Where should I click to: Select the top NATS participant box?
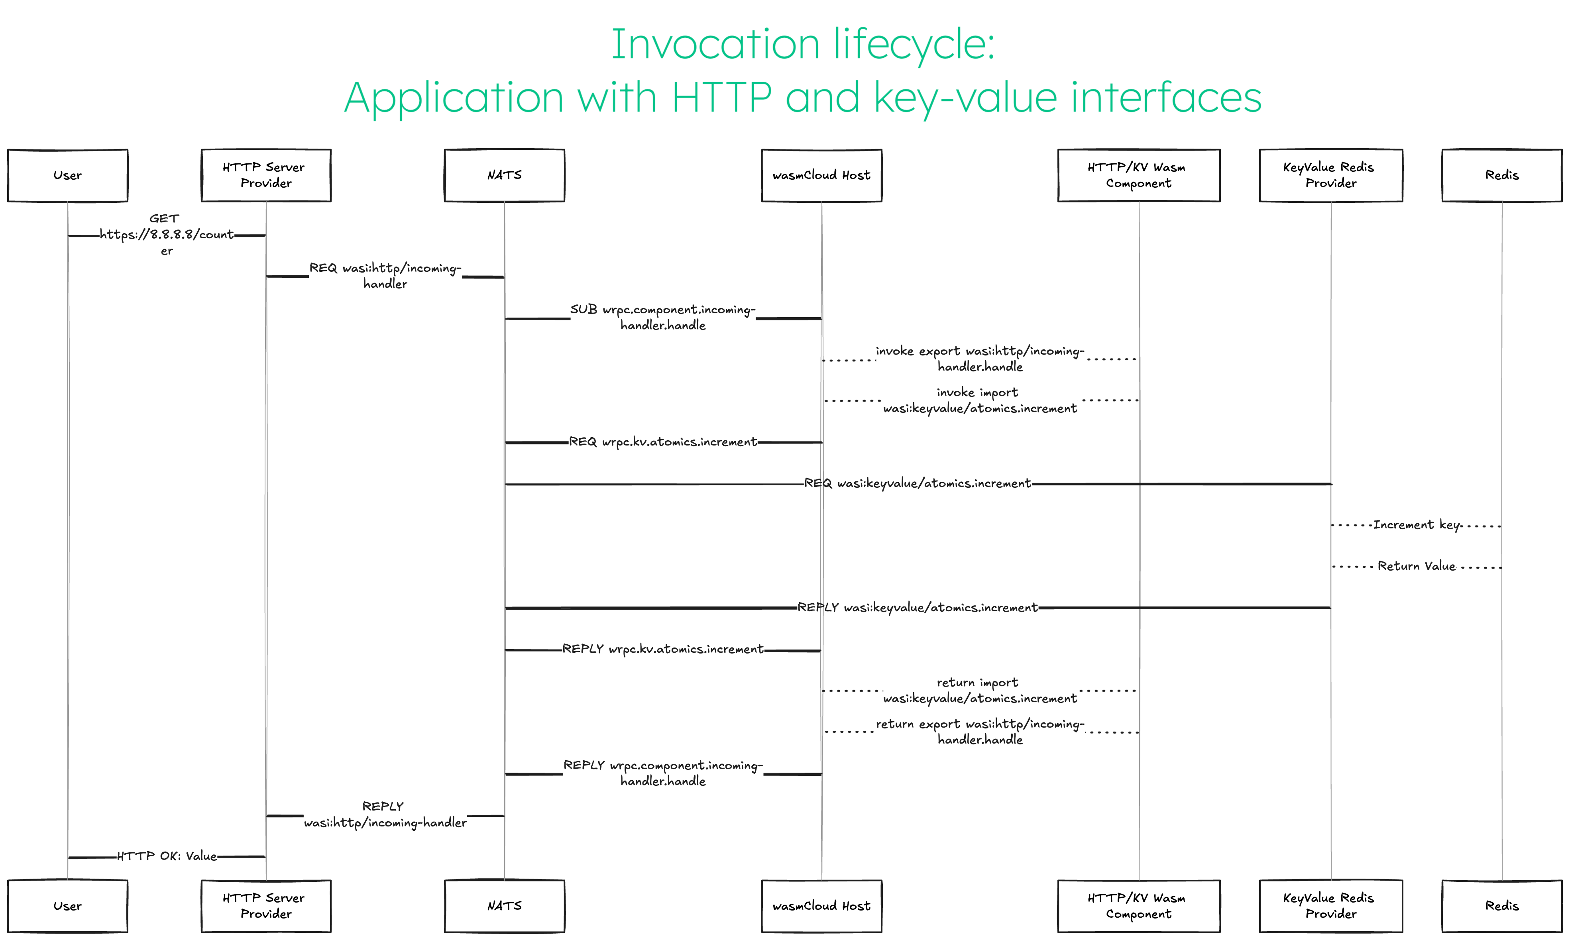pos(504,175)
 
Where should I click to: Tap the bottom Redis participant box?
pos(1501,906)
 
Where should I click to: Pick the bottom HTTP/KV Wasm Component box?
pos(1138,906)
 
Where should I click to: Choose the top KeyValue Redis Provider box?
pos(1330,175)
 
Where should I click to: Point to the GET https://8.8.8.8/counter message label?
pos(166,234)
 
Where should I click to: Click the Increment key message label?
pos(1417,524)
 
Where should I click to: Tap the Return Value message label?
pos(1417,566)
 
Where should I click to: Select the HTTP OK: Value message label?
pos(167,856)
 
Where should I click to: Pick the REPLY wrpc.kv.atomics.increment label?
pos(663,649)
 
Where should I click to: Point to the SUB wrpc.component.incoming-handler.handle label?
pos(663,317)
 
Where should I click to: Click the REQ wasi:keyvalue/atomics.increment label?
pos(918,483)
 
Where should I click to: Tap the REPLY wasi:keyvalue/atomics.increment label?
pos(918,607)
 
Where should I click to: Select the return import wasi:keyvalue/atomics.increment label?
pos(980,691)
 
